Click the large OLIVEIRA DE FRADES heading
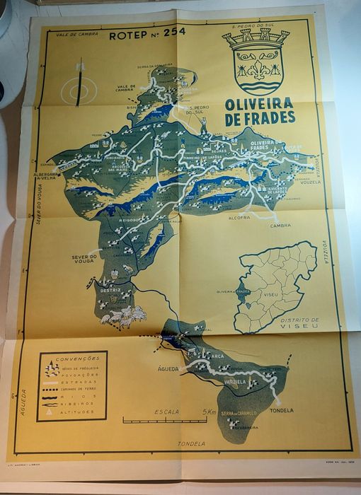click(260, 112)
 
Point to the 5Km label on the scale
click(209, 412)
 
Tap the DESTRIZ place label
click(111, 291)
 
